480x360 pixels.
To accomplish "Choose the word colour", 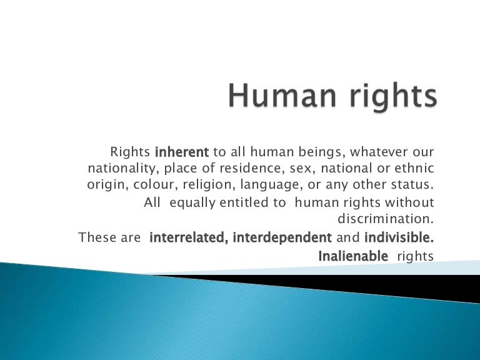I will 147,186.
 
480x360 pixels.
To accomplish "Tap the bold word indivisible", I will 399,238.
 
